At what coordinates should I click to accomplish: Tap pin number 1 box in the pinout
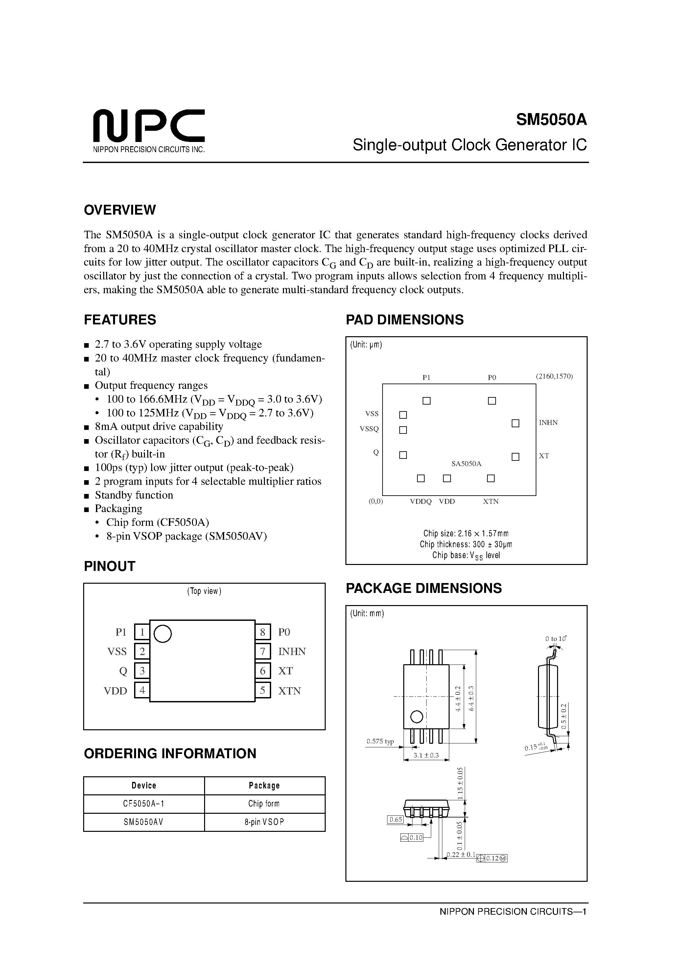coord(142,632)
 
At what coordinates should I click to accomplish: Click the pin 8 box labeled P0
coord(263,632)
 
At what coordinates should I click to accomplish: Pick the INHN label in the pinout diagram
coord(292,651)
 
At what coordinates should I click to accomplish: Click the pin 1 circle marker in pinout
coord(163,633)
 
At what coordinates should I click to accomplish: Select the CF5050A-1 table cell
coord(144,804)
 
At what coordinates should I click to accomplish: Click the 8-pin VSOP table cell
coord(264,822)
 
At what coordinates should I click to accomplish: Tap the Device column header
coord(144,785)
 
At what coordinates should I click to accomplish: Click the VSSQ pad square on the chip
coord(403,430)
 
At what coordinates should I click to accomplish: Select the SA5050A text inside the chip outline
coord(466,464)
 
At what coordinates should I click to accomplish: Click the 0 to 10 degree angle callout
coord(555,639)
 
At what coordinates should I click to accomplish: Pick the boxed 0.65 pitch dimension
coord(395,820)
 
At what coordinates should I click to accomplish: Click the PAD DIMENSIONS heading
coord(404,320)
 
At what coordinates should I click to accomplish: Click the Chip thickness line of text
coord(466,544)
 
